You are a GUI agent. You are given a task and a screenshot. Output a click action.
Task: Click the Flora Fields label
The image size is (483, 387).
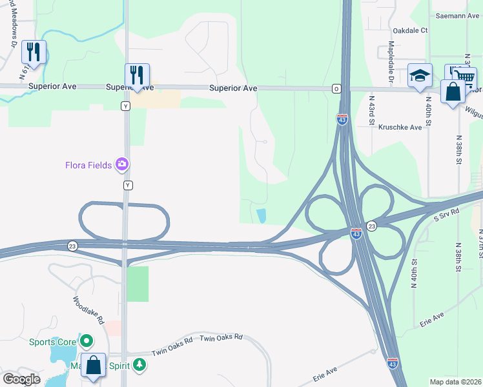88,164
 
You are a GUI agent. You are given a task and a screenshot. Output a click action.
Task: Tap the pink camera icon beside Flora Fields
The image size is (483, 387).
121,164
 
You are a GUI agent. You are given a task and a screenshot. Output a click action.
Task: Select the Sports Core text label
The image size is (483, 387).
53,341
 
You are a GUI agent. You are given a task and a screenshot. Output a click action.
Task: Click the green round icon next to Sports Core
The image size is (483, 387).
85,341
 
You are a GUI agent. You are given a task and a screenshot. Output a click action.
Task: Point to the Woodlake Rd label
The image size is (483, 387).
88,310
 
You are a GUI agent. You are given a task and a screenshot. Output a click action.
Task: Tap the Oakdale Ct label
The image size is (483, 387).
410,30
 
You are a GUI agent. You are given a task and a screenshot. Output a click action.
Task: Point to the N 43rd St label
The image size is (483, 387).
372,110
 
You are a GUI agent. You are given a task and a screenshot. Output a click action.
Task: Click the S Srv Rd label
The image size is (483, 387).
446,212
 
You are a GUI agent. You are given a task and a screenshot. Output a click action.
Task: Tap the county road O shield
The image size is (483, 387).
336,88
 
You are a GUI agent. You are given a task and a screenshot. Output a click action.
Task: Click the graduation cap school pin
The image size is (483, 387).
420,75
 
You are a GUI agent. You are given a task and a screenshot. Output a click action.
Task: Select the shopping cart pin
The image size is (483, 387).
464,77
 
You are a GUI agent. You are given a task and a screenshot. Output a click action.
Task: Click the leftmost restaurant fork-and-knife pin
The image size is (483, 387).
34,52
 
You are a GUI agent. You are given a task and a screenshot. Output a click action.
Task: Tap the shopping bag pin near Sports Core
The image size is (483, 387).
93,365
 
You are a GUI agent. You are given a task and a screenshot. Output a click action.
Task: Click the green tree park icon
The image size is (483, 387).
139,365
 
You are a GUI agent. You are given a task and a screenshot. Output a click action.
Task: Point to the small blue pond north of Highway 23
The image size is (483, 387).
261,216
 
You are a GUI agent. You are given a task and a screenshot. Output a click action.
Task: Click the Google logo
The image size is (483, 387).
21,379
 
